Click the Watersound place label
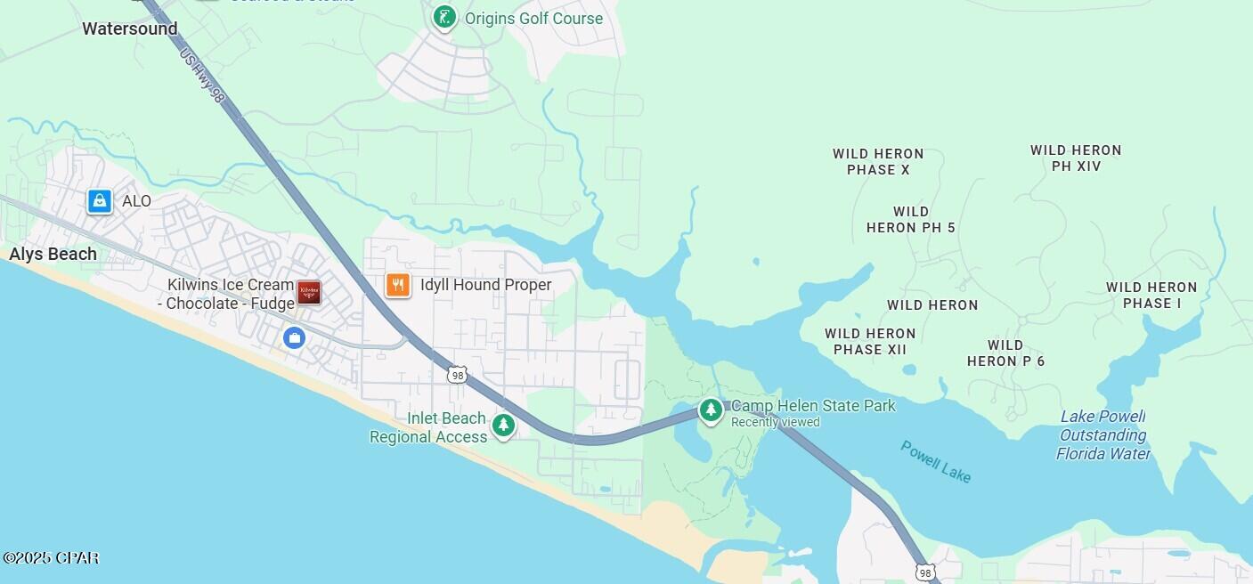coord(130,28)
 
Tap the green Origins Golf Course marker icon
coord(444,17)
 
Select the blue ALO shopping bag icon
coord(100,201)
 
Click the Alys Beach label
coord(53,255)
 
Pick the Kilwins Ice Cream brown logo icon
coord(309,292)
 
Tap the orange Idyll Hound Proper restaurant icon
coord(398,285)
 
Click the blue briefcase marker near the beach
coord(294,337)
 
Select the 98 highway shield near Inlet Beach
coord(458,376)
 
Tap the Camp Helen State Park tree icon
coord(711,410)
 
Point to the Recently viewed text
coord(775,422)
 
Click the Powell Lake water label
coord(935,461)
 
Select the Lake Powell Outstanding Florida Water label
coord(1102,435)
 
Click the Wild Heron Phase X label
coord(878,161)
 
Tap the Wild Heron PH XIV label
coord(1076,158)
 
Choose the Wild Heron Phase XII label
coord(870,341)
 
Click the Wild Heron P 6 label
coord(1005,353)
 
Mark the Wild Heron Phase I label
coord(1151,295)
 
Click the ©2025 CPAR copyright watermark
coord(51,558)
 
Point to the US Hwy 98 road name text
coord(201,76)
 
